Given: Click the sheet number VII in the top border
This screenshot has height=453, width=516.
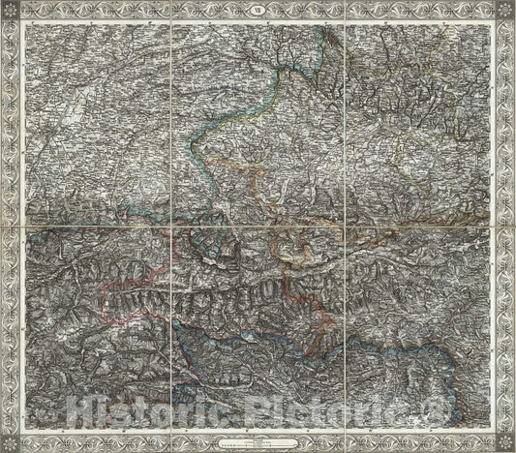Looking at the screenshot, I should point(257,11).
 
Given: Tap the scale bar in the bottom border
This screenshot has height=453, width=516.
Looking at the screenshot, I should point(257,438).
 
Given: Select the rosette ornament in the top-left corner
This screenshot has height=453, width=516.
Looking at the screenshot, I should point(12,12).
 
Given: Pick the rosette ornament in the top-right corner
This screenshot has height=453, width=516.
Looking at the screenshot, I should point(503,12).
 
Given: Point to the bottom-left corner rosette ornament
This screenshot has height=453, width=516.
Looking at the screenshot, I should point(12,440).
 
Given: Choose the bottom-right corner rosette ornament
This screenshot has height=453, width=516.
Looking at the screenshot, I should point(503,440).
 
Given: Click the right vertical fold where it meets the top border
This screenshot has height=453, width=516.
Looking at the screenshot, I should point(341,23).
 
